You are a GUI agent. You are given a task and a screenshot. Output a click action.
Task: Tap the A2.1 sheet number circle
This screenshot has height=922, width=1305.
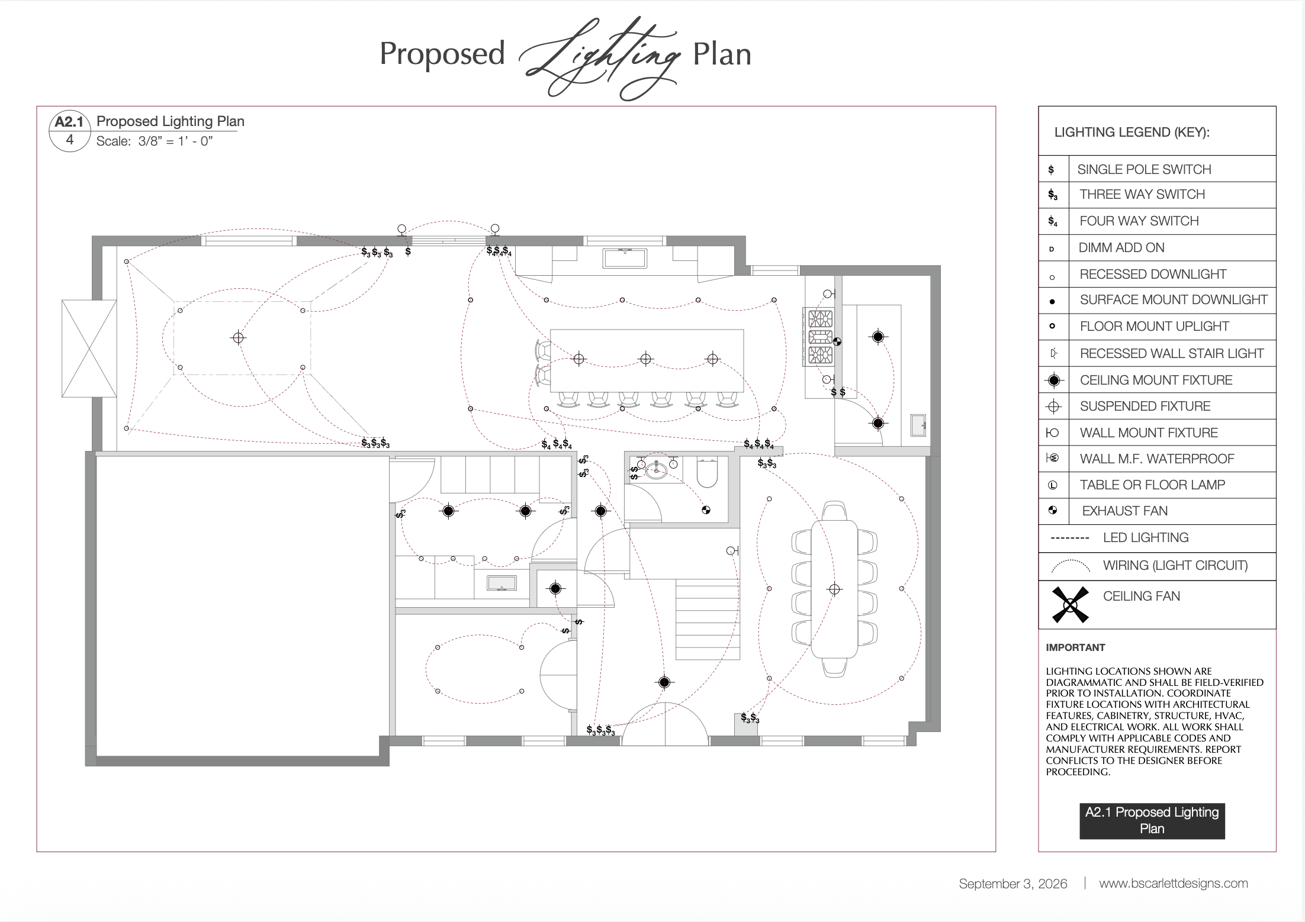tap(70, 131)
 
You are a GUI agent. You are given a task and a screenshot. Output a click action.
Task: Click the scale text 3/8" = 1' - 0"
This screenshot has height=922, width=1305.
tap(175, 141)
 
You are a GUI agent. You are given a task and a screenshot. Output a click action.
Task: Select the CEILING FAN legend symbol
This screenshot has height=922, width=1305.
tap(1070, 604)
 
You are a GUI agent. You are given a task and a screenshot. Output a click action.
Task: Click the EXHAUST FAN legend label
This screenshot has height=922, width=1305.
tap(1124, 511)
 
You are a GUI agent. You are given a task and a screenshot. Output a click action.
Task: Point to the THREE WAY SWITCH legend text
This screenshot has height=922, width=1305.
tap(1142, 194)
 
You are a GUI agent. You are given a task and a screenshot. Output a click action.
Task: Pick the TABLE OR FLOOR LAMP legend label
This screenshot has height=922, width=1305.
tap(1152, 485)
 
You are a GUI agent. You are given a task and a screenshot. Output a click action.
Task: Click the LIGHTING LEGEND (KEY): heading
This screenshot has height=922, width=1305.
tap(1132, 132)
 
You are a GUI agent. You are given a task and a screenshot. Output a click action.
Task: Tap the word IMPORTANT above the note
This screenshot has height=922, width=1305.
tap(1075, 647)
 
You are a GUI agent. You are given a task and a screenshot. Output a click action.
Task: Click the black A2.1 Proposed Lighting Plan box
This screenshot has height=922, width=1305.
tap(1152, 821)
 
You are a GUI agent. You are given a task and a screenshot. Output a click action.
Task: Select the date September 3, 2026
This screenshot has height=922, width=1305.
tap(1012, 884)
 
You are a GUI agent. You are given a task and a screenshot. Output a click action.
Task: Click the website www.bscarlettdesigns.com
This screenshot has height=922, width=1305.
tap(1173, 884)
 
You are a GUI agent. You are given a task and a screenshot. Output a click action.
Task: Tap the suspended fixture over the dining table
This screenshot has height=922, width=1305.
tap(834, 589)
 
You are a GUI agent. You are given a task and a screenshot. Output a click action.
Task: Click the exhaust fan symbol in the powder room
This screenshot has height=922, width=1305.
tap(706, 510)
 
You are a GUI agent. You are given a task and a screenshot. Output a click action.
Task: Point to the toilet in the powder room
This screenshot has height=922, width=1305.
tap(707, 472)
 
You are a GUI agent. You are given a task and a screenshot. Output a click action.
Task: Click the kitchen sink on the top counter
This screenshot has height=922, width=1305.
tap(625, 258)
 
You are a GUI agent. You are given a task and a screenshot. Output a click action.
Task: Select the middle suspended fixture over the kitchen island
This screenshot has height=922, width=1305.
tap(646, 359)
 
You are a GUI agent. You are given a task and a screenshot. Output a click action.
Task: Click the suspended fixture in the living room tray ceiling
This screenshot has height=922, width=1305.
tap(238, 337)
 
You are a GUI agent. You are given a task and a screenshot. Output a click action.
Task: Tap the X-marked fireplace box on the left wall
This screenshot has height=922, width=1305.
tap(89, 349)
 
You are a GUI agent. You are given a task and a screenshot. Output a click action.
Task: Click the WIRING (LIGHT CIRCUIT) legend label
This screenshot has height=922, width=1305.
tap(1175, 565)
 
